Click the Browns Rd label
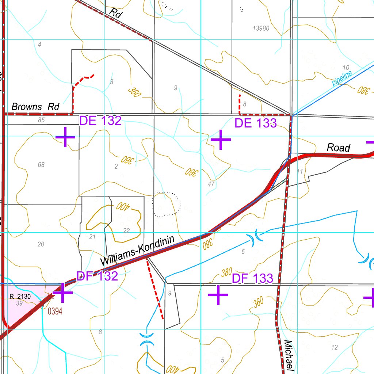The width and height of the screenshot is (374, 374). coord(35,107)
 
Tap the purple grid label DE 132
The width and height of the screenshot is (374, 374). coord(100,121)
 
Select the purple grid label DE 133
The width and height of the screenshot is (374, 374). coord(255,123)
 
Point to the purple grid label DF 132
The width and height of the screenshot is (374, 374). coord(97,276)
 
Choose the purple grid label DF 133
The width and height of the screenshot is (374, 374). coord(252,278)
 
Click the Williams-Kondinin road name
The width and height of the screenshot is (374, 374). coord(138,251)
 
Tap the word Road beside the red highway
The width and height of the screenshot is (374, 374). coord(338,148)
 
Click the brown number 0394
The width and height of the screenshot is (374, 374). coord(55,311)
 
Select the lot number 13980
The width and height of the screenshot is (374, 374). coord(261,28)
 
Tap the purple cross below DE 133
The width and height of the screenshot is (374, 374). coord(221,140)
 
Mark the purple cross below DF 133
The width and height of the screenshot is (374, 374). coord(218,295)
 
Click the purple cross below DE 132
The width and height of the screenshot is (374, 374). coord(65,137)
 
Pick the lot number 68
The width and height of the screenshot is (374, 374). coord(41,165)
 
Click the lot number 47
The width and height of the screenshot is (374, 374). coord(211,184)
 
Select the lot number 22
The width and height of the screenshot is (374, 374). coord(126,230)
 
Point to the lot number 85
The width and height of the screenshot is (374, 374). coord(41,120)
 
